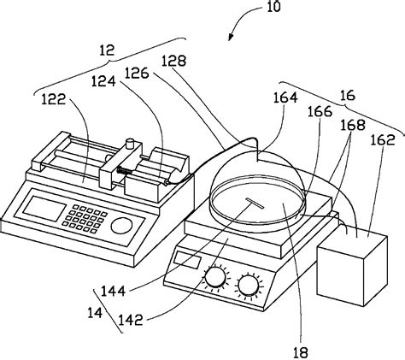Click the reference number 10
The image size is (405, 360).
pos(273,6)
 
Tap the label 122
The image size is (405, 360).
pos(54,99)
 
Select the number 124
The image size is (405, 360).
pos(103,81)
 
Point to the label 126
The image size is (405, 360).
pos(137,74)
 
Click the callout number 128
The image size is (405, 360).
pos(173,61)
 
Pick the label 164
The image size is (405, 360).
pos(285,97)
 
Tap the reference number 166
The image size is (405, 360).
pos(320,111)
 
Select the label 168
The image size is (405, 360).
pos(353,125)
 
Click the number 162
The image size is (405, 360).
pos(383,139)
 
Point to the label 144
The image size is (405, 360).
pos(114,291)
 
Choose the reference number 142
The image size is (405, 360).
pos(130,320)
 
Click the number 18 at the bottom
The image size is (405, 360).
pos(301,353)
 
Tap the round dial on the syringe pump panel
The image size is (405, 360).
pos(121,225)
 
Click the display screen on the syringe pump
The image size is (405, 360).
pos(44,209)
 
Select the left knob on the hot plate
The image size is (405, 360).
pos(216,277)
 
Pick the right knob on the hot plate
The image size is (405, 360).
pos(249,285)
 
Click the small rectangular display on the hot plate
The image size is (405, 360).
pos(188,260)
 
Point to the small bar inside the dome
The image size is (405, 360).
pos(255,204)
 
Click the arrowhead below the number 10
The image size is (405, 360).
pos(230,38)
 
